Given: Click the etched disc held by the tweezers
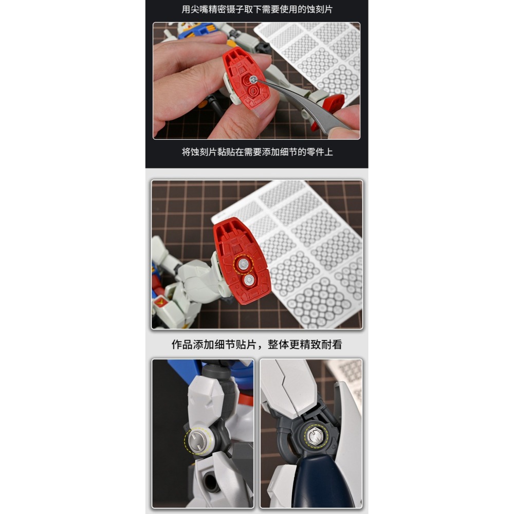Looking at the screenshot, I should (x=254, y=79).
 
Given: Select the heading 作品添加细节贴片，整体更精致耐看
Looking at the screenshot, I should (x=256, y=344).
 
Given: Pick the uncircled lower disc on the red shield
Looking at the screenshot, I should (x=249, y=280).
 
